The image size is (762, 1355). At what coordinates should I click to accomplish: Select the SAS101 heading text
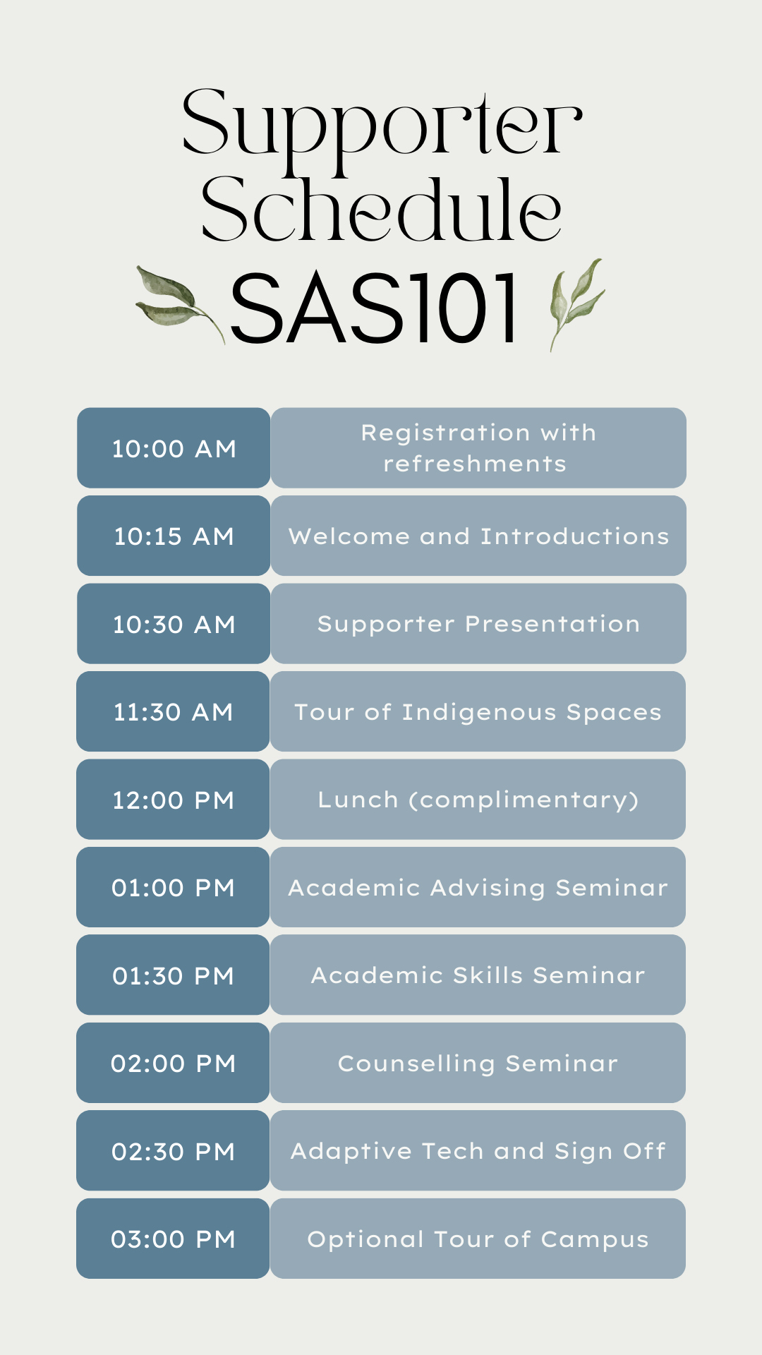coord(375,309)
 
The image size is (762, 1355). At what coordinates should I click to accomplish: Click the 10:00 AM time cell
coord(174,448)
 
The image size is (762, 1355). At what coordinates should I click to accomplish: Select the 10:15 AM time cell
coord(174,536)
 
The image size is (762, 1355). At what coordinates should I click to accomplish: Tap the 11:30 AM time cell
coord(173,711)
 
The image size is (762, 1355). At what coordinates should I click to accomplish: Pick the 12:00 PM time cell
coord(173,800)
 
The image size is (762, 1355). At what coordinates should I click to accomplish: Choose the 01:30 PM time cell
coord(173,975)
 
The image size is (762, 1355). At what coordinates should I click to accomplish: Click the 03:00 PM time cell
coord(173,1239)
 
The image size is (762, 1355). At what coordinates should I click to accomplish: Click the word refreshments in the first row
coord(475,464)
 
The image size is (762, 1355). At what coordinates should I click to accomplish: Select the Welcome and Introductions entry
coord(478,536)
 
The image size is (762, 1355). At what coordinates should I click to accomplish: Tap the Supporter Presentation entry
coord(478,625)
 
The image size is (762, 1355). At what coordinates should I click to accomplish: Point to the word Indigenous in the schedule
coord(479,713)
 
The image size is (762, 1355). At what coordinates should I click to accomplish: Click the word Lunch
coord(358,800)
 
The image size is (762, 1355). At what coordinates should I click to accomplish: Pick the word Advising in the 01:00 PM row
coord(488,888)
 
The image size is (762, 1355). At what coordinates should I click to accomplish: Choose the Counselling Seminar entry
coord(478,1064)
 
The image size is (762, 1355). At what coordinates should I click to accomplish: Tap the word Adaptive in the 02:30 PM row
coord(351,1152)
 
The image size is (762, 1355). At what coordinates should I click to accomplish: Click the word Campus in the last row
coord(595,1240)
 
